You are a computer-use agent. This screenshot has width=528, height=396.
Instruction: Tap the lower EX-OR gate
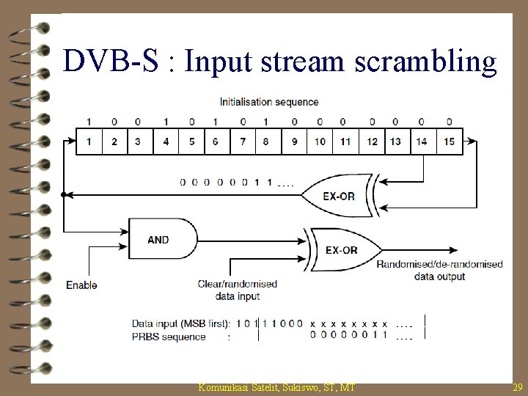click(342, 249)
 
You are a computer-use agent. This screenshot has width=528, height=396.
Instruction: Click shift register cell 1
click(89, 142)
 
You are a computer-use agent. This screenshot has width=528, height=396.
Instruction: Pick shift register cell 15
click(449, 142)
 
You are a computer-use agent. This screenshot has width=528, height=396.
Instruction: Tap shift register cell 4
click(166, 142)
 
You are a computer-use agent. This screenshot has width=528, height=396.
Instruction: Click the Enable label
click(81, 285)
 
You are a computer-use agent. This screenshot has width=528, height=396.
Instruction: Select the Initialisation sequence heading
click(269, 102)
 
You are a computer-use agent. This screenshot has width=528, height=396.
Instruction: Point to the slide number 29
click(517, 386)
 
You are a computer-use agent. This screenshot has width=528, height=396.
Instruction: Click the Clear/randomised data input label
click(237, 290)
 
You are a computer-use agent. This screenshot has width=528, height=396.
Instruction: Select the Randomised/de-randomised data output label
click(439, 270)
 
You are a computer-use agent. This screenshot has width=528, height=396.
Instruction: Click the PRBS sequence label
click(169, 337)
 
